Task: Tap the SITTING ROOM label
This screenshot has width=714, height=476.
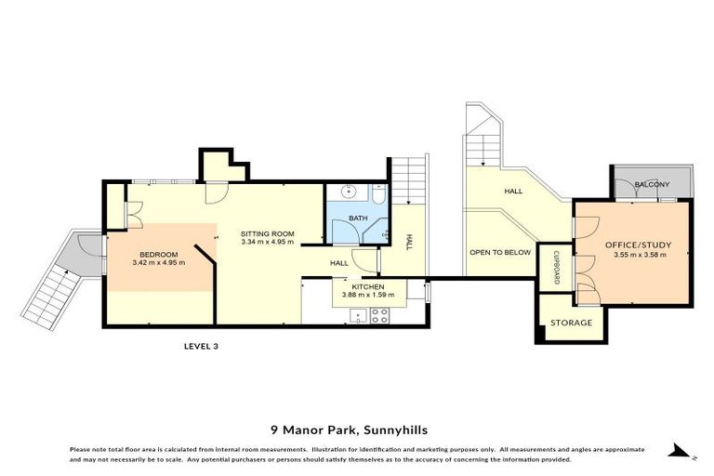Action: pyautogui.click(x=267, y=233)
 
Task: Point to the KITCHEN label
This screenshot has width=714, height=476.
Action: pyautogui.click(x=368, y=287)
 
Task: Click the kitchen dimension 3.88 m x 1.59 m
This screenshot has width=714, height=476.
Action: pyautogui.click(x=369, y=296)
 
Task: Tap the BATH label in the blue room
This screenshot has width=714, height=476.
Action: pyautogui.click(x=357, y=218)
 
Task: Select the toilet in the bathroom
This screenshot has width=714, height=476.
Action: pyautogui.click(x=378, y=195)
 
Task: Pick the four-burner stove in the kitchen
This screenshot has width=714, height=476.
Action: pyautogui.click(x=378, y=316)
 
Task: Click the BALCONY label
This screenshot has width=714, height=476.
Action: pyautogui.click(x=651, y=185)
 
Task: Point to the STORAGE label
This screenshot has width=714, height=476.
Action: pyautogui.click(x=571, y=323)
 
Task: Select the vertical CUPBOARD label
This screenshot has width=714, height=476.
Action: pyautogui.click(x=556, y=265)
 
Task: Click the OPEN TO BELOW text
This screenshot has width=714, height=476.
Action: pyautogui.click(x=500, y=252)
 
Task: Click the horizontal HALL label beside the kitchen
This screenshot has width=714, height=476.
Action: pyautogui.click(x=339, y=263)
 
